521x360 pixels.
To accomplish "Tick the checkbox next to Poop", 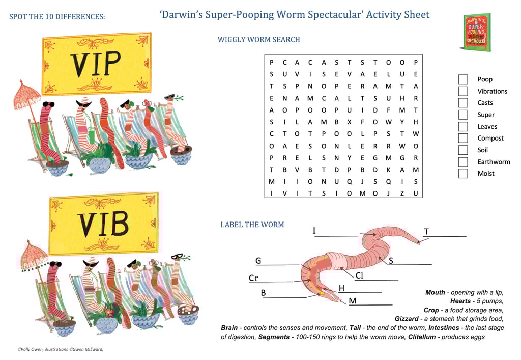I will click(463, 79).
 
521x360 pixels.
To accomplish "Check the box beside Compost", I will click(463, 138).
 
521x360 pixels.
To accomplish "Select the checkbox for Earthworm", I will click(463, 162).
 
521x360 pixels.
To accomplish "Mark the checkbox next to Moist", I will click(463, 174).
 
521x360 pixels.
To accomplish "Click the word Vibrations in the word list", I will click(492, 91).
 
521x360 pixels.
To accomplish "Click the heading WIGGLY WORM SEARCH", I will click(258, 39).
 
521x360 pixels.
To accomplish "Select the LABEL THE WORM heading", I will click(252, 225).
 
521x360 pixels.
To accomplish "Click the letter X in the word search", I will click(350, 122).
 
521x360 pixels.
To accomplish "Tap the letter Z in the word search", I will click(402, 193).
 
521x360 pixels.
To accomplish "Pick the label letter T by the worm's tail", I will click(426, 232).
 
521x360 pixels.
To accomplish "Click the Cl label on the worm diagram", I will click(359, 275).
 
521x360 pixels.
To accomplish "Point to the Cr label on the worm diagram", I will click(253, 278).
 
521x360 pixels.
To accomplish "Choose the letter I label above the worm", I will click(314, 231).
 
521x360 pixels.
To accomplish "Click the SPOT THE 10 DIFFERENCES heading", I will click(57, 17).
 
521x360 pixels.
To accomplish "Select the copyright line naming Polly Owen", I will click(64, 349).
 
